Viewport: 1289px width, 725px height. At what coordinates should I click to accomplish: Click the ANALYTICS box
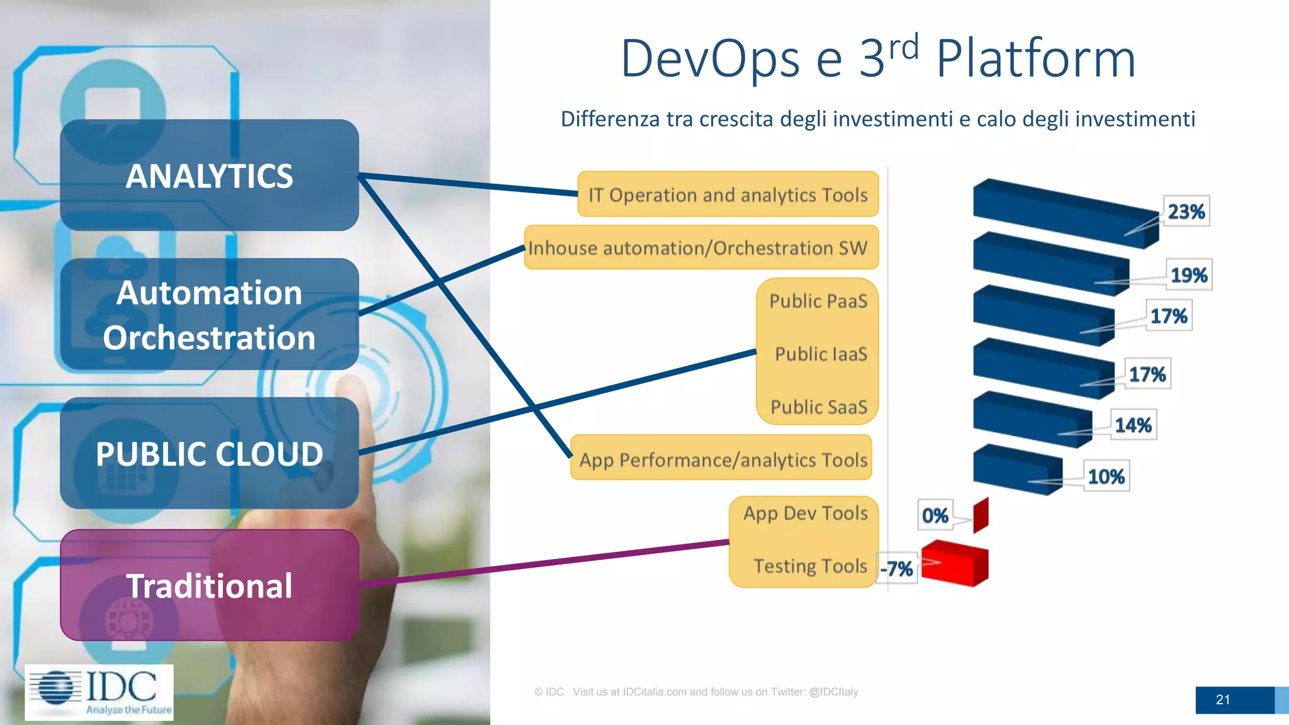(209, 176)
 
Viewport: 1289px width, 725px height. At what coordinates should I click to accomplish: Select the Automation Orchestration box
(209, 315)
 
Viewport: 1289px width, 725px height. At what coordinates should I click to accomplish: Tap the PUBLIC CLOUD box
(209, 453)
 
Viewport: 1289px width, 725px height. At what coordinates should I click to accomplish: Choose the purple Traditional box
(209, 585)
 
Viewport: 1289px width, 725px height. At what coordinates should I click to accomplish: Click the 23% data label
(1186, 211)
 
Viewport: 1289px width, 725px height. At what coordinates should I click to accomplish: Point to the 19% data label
(1188, 275)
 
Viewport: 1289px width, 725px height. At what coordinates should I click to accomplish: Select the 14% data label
(1133, 425)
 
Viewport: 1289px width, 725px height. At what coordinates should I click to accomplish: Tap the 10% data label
(1106, 476)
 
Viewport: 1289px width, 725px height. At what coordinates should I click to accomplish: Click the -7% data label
(897, 569)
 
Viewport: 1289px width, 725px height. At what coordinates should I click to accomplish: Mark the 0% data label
(935, 515)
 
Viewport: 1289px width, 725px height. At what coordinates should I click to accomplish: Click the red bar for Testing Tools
(955, 564)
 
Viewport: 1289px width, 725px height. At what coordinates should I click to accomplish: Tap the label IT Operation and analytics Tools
(728, 194)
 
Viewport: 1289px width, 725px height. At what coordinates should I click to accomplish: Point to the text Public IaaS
(821, 354)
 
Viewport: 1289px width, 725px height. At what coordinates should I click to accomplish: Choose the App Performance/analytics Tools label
(723, 459)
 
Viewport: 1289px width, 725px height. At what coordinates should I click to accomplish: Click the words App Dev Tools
(805, 513)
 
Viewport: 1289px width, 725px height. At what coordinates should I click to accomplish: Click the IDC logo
(99, 692)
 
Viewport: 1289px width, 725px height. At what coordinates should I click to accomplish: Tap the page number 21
(1222, 700)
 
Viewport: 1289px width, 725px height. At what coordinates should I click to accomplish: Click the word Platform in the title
(1035, 59)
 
